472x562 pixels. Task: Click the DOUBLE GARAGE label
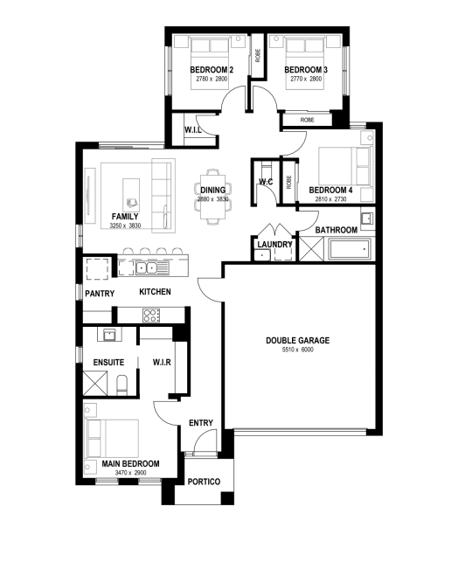297,340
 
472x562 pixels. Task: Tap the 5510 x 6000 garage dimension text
297,350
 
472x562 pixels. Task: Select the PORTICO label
204,482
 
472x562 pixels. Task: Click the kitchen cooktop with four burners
151,315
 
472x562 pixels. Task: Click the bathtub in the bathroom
349,249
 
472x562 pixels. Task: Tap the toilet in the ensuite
121,385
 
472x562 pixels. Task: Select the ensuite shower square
95,383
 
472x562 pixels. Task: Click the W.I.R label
162,363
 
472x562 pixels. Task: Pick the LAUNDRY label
274,245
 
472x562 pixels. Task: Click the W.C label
266,182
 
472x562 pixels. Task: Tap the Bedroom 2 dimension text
212,79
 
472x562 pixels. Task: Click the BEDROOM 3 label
306,70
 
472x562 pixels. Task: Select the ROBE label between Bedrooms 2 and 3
258,56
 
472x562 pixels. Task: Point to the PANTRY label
100,294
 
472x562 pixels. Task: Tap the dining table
213,196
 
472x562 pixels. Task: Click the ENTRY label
201,423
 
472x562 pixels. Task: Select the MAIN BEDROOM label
130,463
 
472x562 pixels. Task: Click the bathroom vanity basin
366,219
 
